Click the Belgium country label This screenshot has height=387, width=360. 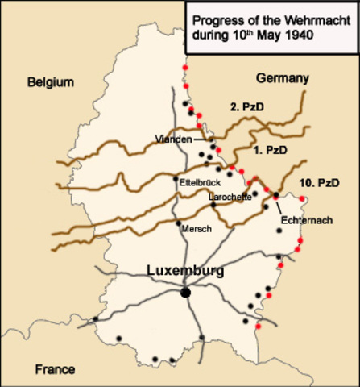(50, 81)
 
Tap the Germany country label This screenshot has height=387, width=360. (282, 78)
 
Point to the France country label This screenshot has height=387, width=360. (55, 369)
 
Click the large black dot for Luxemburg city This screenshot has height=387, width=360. (185, 292)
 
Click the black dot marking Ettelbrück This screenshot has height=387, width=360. (176, 178)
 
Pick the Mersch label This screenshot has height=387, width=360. (196, 229)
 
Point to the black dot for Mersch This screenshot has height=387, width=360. (177, 223)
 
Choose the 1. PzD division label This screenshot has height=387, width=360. (270, 150)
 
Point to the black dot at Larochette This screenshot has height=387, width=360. (213, 205)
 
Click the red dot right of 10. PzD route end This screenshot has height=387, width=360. (302, 198)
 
